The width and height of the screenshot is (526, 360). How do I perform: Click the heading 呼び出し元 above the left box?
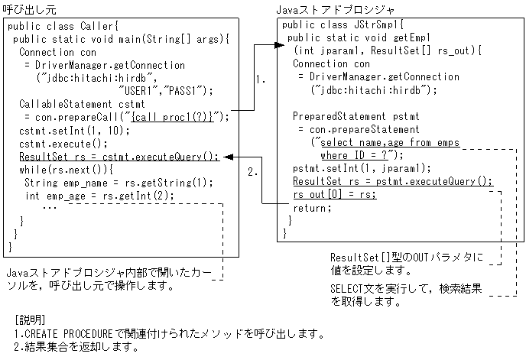[30, 9]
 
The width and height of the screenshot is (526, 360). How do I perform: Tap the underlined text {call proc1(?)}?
[177, 117]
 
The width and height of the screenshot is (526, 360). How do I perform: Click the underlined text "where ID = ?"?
[354, 155]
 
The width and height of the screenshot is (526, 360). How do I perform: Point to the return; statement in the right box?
[312, 207]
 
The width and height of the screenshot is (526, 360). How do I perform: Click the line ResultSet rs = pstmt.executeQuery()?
[393, 181]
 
